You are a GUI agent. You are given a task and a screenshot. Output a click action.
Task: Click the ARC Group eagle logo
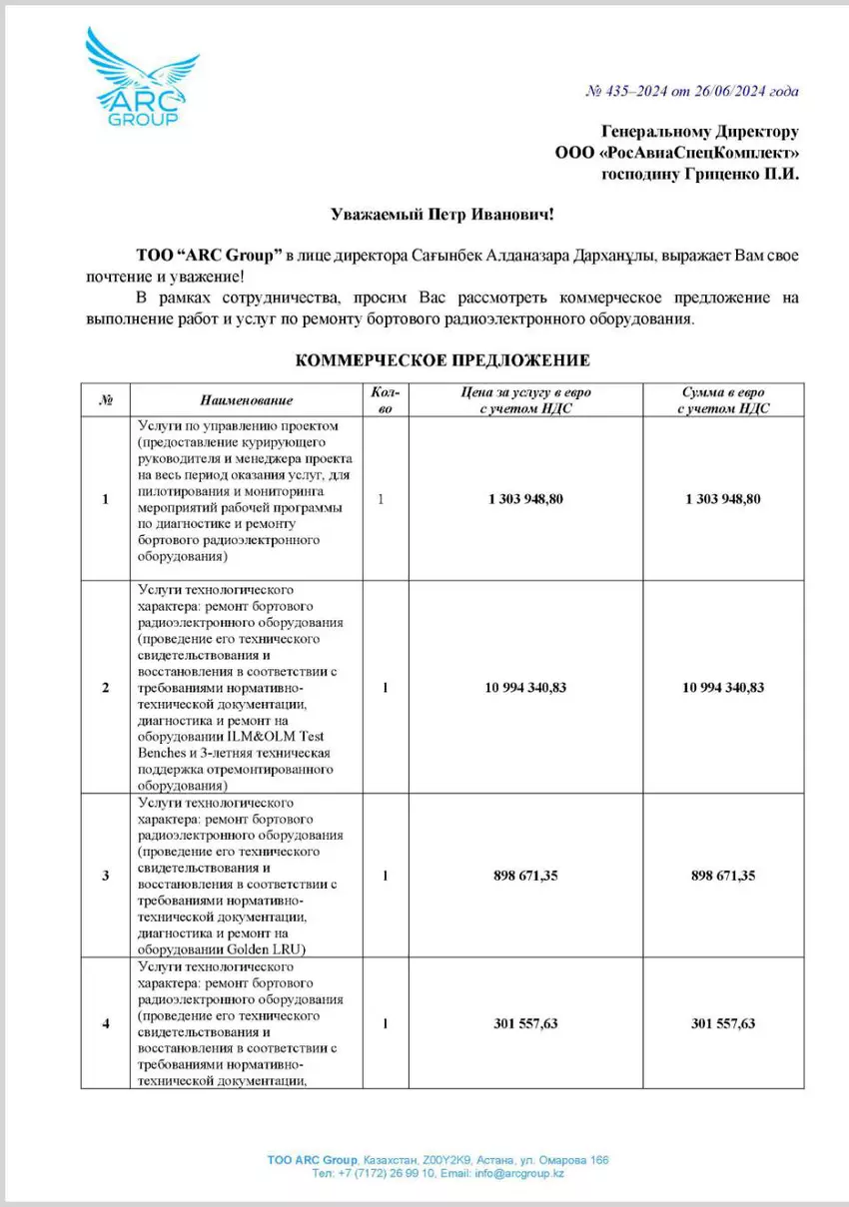tap(136, 75)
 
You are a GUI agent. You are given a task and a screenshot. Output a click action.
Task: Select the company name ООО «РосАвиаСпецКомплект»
tap(676, 152)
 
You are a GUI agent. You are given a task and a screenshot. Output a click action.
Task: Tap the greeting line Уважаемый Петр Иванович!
tap(441, 214)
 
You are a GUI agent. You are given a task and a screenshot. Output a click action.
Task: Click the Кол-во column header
tap(385, 399)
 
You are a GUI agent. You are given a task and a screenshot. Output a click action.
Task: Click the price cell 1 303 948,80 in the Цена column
tap(525, 498)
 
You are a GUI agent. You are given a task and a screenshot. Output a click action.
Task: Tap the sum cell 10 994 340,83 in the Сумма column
tap(724, 688)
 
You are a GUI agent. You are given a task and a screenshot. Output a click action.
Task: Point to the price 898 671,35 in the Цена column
tap(525, 876)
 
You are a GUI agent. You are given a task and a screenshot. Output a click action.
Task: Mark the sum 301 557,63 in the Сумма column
tap(724, 1023)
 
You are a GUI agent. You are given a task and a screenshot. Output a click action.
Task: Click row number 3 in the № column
tap(106, 876)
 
